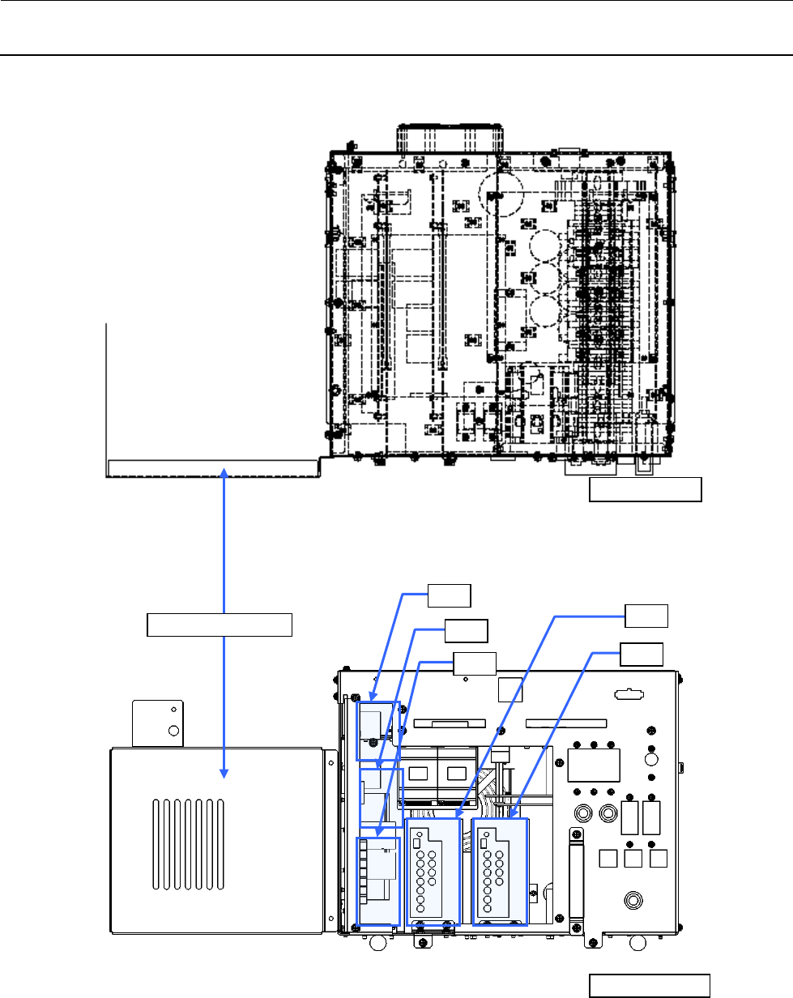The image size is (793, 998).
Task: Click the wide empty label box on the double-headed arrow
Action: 219,625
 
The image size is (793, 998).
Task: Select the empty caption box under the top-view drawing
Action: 645,490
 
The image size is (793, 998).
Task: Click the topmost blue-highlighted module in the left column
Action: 378,731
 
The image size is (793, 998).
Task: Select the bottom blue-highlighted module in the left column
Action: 379,881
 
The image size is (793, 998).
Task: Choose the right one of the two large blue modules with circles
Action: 500,872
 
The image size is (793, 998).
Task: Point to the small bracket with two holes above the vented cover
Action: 158,723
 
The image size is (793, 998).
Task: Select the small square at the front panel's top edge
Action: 510,689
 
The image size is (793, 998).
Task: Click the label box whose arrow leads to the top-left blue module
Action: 450,595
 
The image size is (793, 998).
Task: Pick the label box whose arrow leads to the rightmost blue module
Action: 642,654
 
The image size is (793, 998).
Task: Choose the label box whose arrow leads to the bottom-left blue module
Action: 474,663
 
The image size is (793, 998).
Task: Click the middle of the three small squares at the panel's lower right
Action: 635,860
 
